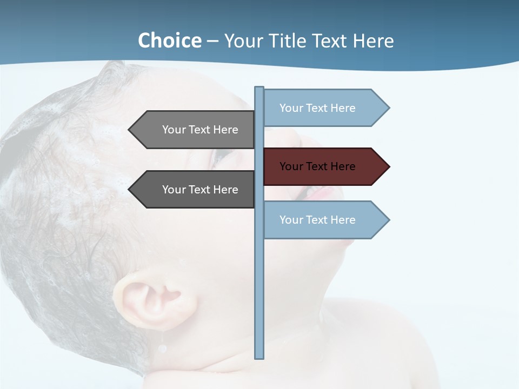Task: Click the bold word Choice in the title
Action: click(x=169, y=41)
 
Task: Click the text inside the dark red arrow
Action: click(x=317, y=166)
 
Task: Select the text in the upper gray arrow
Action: click(x=200, y=130)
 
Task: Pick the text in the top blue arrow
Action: click(x=317, y=108)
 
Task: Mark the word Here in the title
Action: click(x=373, y=41)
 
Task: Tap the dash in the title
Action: click(x=212, y=42)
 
